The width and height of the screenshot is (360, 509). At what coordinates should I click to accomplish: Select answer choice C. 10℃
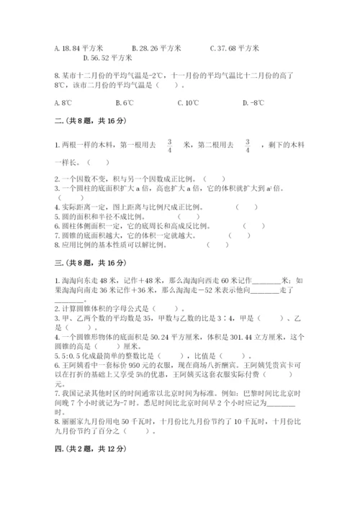pos(188,102)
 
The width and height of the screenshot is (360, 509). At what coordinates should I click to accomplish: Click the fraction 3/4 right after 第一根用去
pos(170,145)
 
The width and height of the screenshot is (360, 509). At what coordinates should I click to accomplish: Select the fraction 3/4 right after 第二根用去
pos(247,145)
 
